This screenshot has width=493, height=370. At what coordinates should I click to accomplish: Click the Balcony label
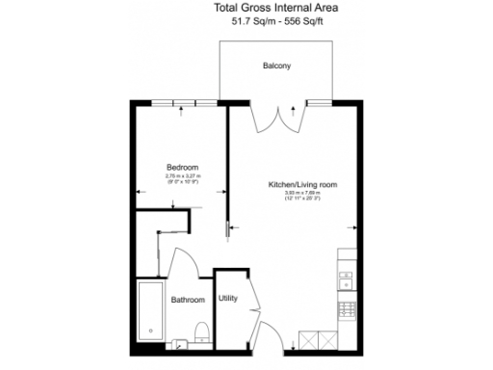(x=276, y=66)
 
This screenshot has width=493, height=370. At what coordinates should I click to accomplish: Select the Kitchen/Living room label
(x=301, y=184)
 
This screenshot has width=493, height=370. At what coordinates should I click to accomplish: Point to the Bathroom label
(x=188, y=300)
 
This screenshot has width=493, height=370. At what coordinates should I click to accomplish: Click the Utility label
(x=227, y=299)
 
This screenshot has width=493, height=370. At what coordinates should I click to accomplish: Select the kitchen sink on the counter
(x=346, y=279)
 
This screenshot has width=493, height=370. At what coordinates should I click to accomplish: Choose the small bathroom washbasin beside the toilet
(x=181, y=340)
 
